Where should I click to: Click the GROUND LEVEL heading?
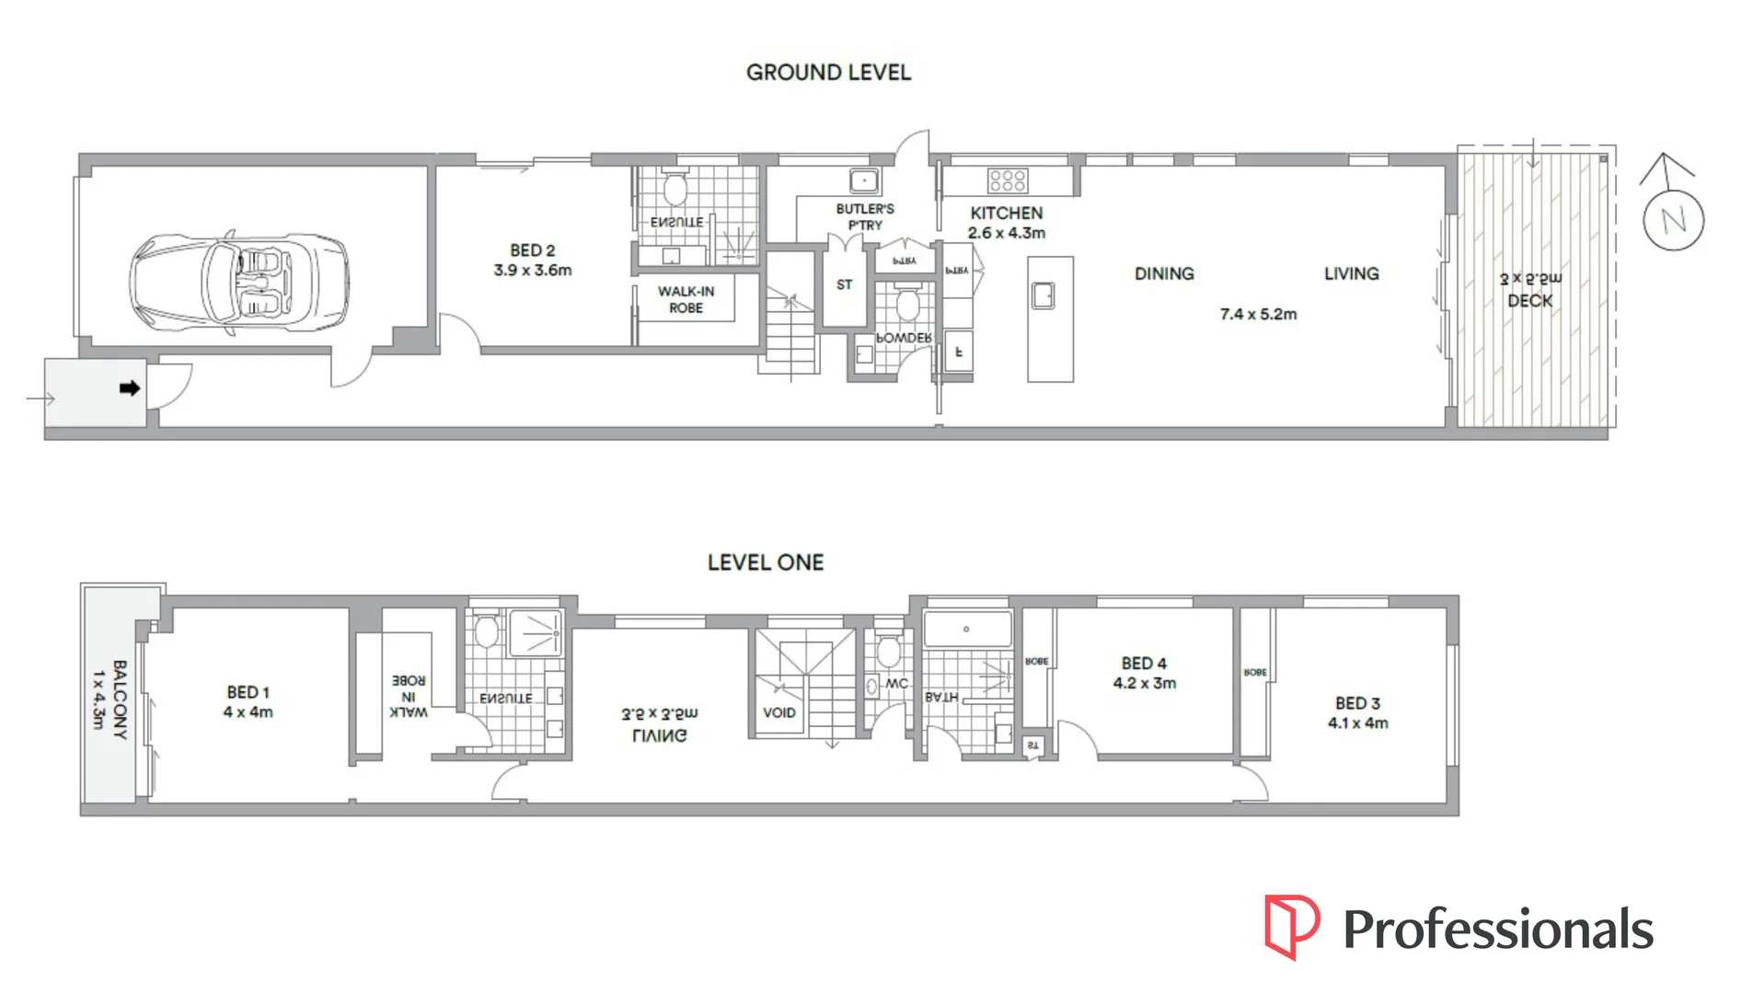point(828,73)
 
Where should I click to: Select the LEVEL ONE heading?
point(765,562)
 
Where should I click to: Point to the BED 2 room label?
point(532,250)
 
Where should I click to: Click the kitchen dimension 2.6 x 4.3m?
point(1006,234)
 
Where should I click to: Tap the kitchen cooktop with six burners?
point(1007,180)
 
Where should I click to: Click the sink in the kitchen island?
point(1044,295)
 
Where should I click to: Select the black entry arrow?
point(130,388)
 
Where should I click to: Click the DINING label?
point(1164,274)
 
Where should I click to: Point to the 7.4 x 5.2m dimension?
point(1258,315)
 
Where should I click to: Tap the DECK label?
point(1529,301)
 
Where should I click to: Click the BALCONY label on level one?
point(120,699)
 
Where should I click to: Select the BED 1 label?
point(248,692)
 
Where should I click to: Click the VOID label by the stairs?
point(778,712)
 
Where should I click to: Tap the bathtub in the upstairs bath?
point(966,630)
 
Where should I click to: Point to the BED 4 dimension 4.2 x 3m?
point(1144,684)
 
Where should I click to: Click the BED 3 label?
point(1357,703)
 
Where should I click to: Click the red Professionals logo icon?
point(1291,925)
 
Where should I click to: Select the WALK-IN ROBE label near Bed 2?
point(686,300)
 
